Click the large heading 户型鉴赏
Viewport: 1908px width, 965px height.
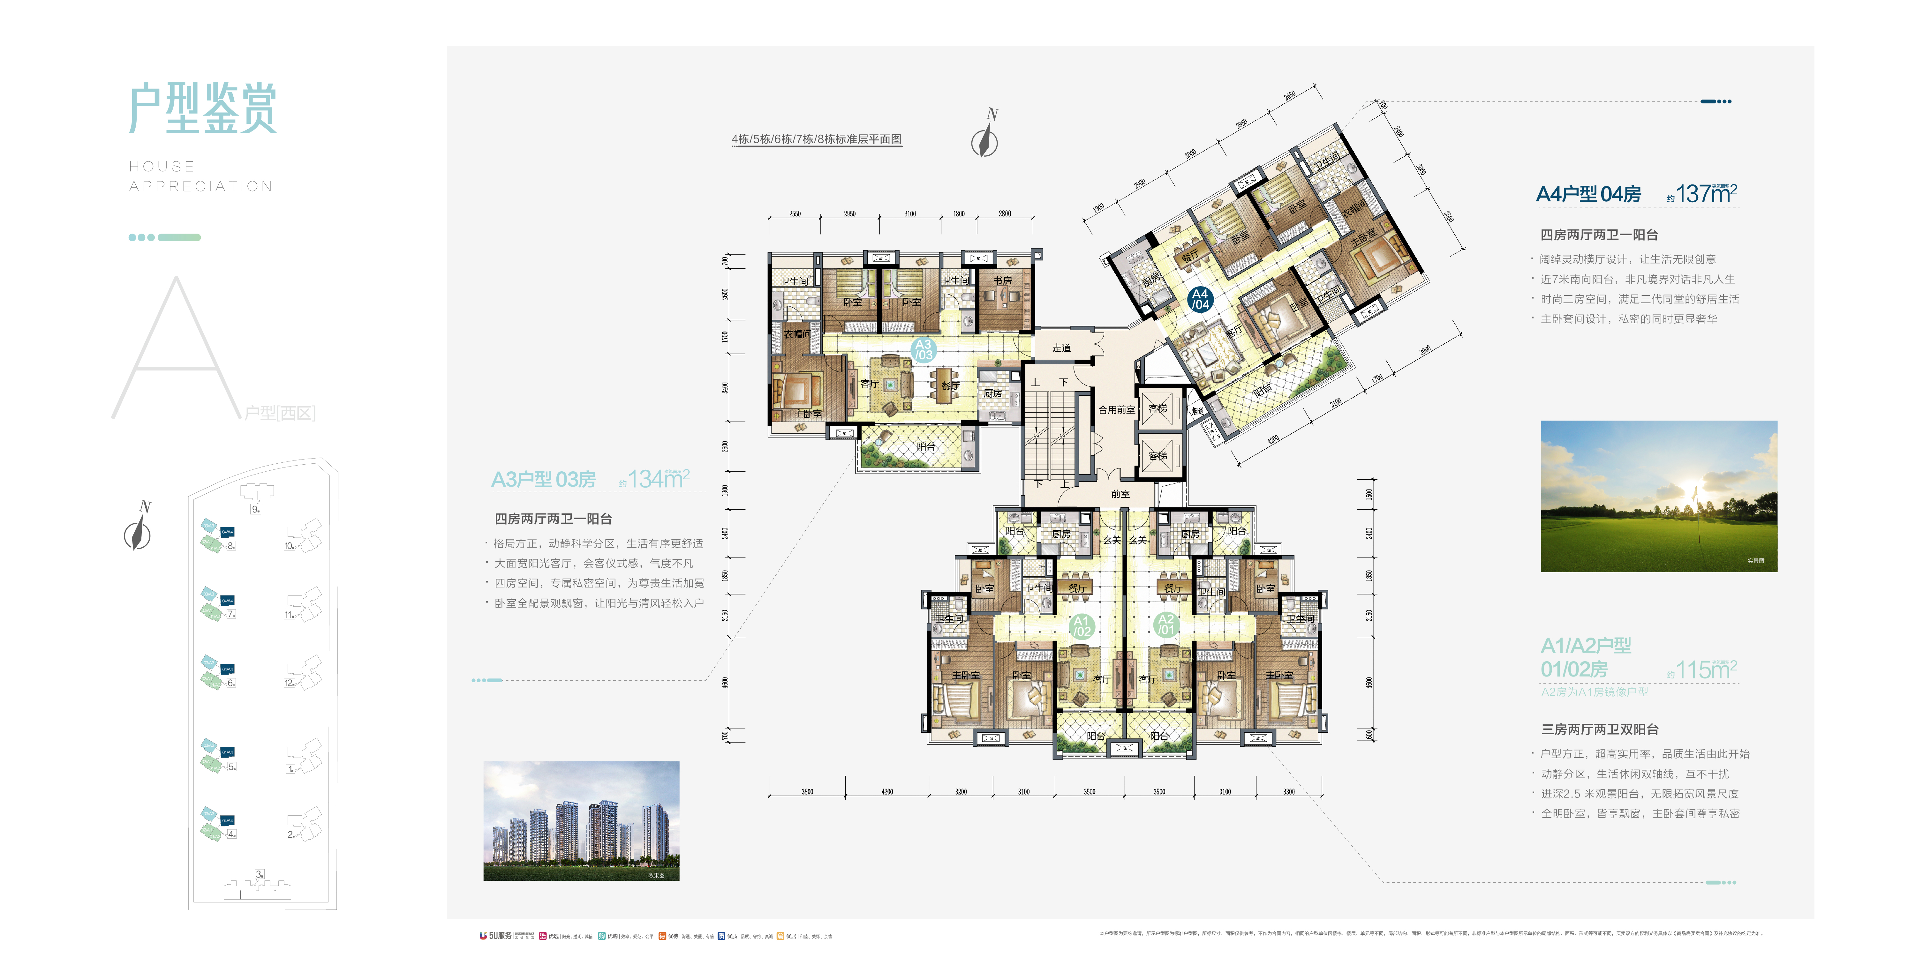[202, 108]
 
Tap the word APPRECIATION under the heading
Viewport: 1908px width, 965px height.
[201, 186]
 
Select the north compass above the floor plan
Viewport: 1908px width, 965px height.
[985, 135]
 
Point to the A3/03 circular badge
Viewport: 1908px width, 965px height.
[923, 349]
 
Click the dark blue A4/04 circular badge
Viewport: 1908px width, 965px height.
[1200, 299]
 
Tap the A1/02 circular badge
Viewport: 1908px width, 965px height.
[1082, 626]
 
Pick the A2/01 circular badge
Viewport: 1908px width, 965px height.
[1166, 624]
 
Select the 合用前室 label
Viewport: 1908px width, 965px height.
[1116, 409]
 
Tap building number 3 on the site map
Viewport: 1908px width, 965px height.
[259, 874]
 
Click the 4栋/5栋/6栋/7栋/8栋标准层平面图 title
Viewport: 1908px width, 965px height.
[816, 139]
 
